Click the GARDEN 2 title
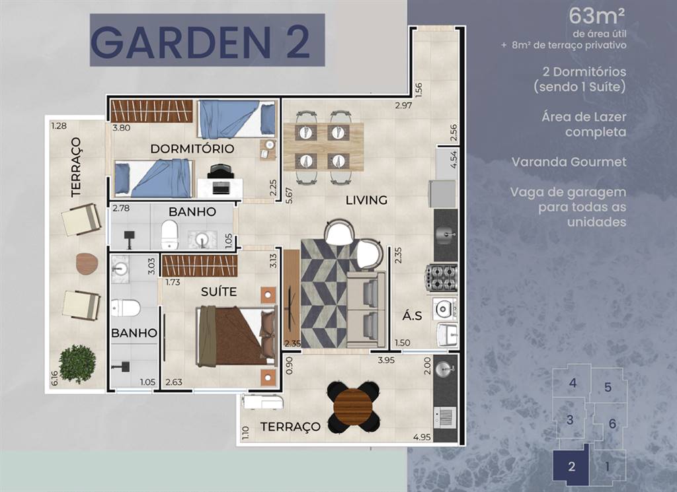point(200,42)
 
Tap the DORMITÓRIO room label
point(192,149)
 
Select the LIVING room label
point(366,200)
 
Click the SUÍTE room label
point(219,292)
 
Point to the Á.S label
point(412,316)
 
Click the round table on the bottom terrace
point(354,407)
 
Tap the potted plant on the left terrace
point(78,363)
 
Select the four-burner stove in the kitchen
point(442,277)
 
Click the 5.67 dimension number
point(289,195)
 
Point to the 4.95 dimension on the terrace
point(422,437)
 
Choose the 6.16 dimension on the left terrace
point(54,378)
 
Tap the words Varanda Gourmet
point(569,162)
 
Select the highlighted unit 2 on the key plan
point(571,466)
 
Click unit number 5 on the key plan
point(608,387)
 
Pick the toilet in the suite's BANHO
point(126,308)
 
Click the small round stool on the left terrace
point(87,264)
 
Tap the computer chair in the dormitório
point(221,171)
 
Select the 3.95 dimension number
point(386,360)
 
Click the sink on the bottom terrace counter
point(444,369)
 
